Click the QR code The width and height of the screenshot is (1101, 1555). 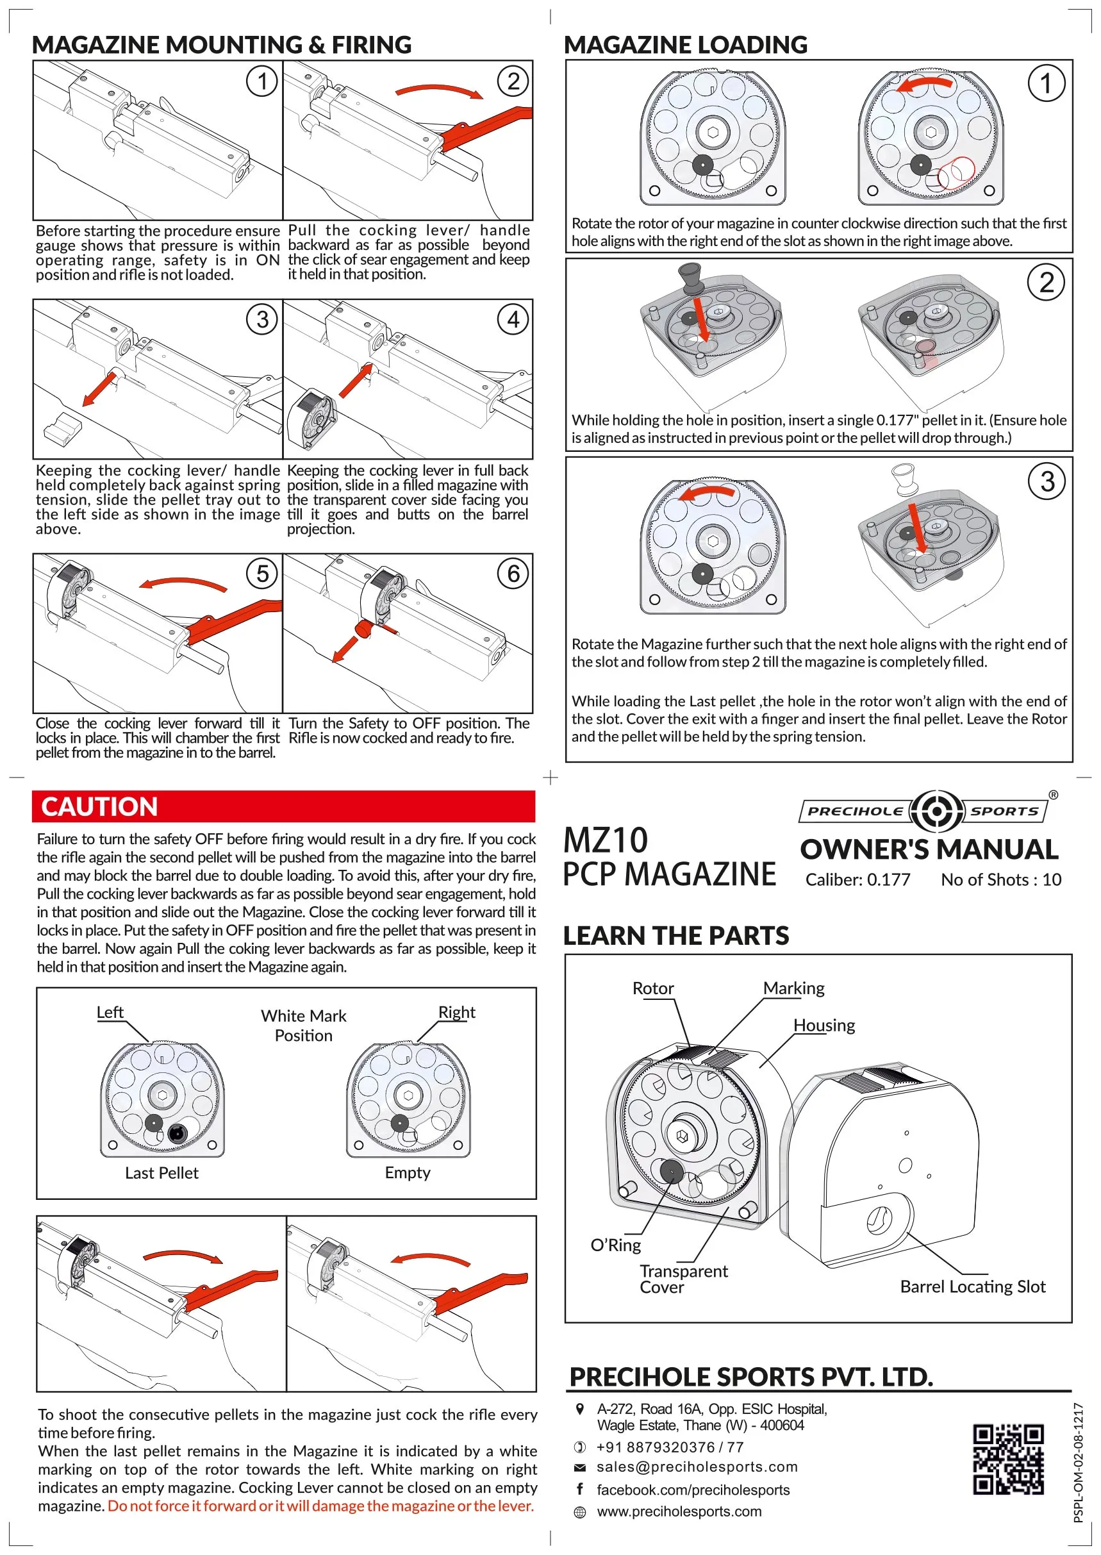tap(1007, 1459)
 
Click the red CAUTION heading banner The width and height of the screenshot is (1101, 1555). tap(283, 806)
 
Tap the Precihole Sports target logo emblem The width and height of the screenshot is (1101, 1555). tap(936, 810)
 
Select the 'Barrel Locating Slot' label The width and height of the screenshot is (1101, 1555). tap(972, 1286)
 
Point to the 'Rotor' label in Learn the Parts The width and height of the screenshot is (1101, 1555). tap(653, 988)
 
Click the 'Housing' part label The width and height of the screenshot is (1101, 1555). tap(824, 1025)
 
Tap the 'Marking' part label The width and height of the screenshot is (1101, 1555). tap(793, 988)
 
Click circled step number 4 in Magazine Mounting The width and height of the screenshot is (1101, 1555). tap(513, 319)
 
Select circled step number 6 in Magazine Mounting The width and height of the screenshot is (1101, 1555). tap(513, 574)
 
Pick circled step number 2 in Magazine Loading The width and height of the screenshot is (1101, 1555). tap(1047, 282)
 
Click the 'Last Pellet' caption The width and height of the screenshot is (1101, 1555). tap(161, 1172)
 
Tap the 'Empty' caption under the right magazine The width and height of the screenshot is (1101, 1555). tap(408, 1172)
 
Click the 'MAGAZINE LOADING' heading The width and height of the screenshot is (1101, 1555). tap(686, 45)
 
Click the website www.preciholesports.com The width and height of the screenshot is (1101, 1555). tap(679, 1511)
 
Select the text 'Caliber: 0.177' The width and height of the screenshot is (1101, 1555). tap(857, 879)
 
